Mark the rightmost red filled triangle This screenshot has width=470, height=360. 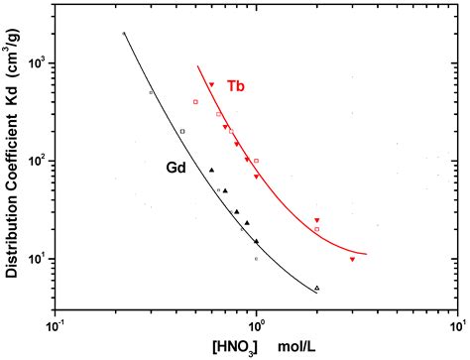point(352,259)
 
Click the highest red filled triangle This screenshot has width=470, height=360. point(211,84)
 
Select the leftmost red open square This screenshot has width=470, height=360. point(196,102)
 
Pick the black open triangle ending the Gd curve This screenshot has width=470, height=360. point(316,288)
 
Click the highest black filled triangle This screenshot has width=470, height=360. point(211,170)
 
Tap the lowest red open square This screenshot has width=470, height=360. point(316,229)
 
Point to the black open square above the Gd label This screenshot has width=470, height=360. point(182,131)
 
